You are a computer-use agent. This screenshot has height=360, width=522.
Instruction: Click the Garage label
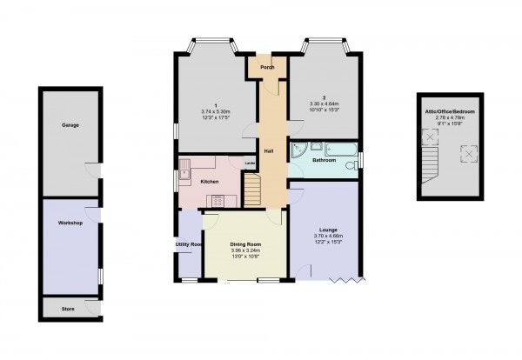70,125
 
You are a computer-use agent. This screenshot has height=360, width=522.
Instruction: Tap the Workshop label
70,223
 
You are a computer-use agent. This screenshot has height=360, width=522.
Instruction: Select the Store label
68,308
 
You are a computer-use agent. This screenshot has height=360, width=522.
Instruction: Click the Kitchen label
209,181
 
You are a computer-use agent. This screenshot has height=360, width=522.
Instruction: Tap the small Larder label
249,163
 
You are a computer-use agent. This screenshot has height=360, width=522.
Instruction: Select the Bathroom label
325,160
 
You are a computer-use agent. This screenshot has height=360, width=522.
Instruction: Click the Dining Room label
245,244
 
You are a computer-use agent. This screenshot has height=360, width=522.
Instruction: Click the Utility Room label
188,245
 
